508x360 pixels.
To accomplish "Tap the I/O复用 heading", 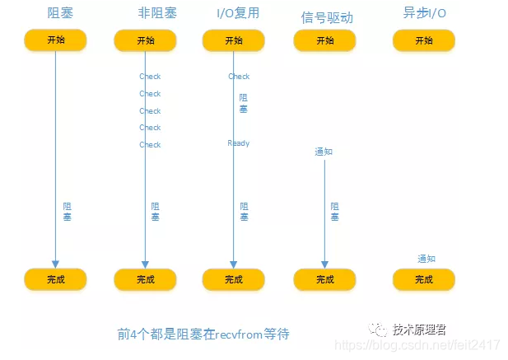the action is coord(232,13).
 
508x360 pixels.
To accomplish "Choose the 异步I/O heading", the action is coord(424,14).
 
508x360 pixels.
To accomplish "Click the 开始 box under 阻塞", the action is coord(56,40).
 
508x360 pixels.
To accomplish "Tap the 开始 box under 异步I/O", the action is coord(424,40).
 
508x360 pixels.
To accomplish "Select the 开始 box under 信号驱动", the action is coord(325,40).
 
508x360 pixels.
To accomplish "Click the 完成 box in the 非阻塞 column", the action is coord(146,279).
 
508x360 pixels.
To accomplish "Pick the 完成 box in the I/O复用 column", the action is coord(234,279).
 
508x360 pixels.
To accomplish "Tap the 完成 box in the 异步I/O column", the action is coord(424,279).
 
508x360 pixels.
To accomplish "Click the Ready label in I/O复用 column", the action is coord(239,143).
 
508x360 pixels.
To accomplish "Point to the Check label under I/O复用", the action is coord(239,77).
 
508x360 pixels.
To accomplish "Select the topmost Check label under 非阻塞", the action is coord(150,77).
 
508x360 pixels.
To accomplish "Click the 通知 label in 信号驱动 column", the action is coord(324,152).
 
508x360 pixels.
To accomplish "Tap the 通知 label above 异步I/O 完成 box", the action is coord(426,258).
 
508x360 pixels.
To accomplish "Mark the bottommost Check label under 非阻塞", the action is coord(150,145).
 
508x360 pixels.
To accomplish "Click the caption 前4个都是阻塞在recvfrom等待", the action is coord(203,334).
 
